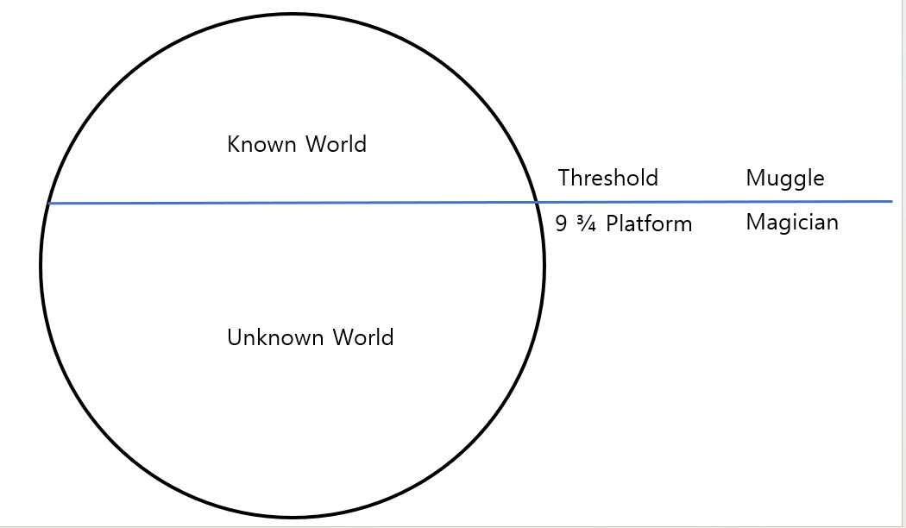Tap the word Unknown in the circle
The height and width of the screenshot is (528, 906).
(x=272, y=337)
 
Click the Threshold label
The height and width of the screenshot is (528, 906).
(x=607, y=179)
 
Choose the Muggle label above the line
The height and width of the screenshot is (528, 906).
(x=784, y=179)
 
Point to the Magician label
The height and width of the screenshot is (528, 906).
(x=791, y=223)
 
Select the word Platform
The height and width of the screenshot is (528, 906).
(x=649, y=224)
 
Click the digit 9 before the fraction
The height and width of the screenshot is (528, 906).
(x=562, y=224)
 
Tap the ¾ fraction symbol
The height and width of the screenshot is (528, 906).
(x=587, y=224)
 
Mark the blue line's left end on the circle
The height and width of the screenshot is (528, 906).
(x=49, y=204)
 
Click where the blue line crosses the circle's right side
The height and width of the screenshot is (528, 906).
(x=536, y=203)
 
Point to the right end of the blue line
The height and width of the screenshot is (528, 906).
(x=891, y=201)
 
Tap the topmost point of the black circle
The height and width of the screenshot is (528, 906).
(x=293, y=14)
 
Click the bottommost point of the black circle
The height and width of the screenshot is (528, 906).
(x=293, y=518)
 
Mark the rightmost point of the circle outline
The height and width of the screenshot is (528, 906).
(x=544, y=266)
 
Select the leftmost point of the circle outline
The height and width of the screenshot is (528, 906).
(x=41, y=266)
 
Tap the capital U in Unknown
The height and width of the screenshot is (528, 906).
(x=234, y=337)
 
